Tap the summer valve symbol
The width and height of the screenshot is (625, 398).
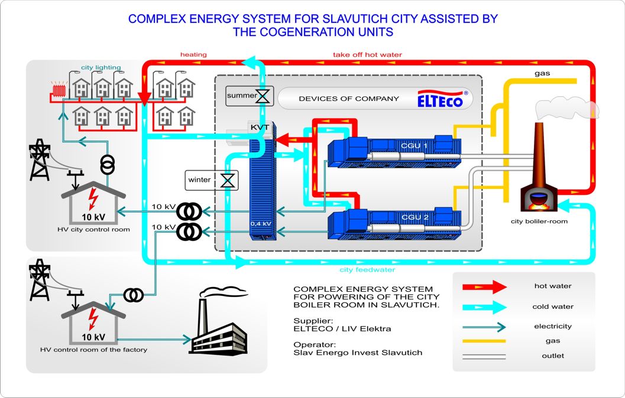[x=263, y=96]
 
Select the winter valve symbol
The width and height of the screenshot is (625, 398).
[x=228, y=180]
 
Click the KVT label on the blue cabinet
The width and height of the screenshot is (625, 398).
[x=260, y=128]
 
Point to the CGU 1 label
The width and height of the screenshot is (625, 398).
[x=414, y=146]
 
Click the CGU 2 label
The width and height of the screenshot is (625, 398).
[x=415, y=217]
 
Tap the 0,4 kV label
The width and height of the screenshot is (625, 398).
[x=261, y=224]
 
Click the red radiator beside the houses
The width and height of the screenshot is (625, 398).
[x=59, y=90]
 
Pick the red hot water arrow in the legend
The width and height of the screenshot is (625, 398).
[x=484, y=286]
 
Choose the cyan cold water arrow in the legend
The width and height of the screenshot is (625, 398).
[x=484, y=307]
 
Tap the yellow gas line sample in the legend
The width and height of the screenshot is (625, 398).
[x=484, y=341]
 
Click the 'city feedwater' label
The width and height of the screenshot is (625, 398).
[x=367, y=270]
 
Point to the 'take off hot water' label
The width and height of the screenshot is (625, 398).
[x=368, y=54]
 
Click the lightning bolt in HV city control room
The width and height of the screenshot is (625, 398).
[x=93, y=198]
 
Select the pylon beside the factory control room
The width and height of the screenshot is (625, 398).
[x=40, y=280]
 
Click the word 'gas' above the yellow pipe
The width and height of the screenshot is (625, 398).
[x=542, y=74]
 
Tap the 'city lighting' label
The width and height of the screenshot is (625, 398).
[x=101, y=67]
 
